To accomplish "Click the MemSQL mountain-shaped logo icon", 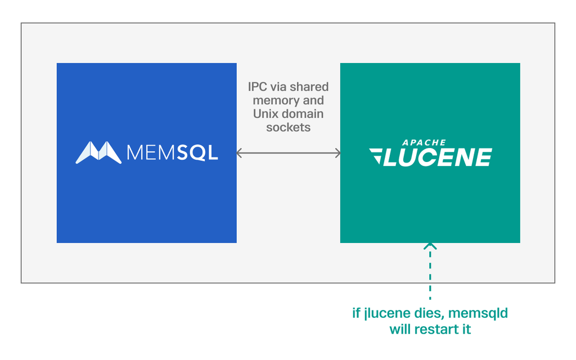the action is pyautogui.click(x=98, y=152).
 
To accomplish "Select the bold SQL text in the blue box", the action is pyautogui.click(x=197, y=153).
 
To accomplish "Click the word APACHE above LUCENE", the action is pyautogui.click(x=424, y=142).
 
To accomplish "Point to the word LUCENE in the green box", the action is pyautogui.click(x=438, y=157).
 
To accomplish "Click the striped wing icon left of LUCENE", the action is pyautogui.click(x=376, y=156).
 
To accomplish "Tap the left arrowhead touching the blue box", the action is pyautogui.click(x=239, y=153).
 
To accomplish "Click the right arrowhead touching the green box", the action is pyautogui.click(x=337, y=153).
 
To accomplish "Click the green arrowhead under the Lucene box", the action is pyautogui.click(x=430, y=246).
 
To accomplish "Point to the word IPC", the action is pyautogui.click(x=258, y=87).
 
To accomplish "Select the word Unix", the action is pyautogui.click(x=264, y=114).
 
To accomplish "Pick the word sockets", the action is pyautogui.click(x=289, y=127).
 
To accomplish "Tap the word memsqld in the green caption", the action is pyautogui.click(x=478, y=313).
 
